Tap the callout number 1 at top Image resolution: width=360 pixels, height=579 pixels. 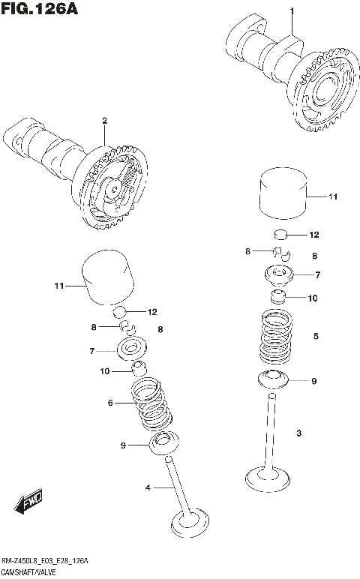coord(292,10)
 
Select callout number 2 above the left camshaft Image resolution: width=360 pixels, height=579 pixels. coord(105,121)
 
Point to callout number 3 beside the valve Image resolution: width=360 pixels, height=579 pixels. coord(298,433)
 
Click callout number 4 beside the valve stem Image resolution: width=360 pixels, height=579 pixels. coord(148,488)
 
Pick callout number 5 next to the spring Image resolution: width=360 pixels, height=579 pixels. coord(316,337)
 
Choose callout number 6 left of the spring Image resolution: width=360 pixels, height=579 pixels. coord(110,403)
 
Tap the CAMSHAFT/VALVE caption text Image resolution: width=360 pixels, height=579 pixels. coord(29,572)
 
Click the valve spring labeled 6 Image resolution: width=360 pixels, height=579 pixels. coord(151,405)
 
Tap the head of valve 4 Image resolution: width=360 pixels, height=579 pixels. coord(188,521)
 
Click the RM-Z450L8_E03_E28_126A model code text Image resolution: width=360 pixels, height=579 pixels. coord(44,561)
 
